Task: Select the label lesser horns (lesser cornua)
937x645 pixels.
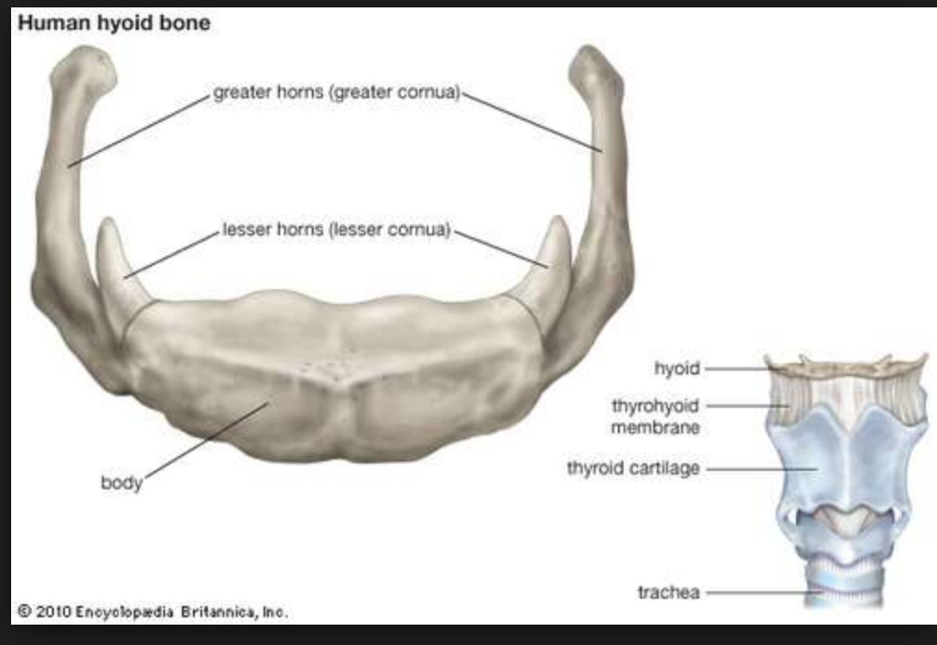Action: pyautogui.click(x=336, y=229)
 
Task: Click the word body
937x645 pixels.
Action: pyautogui.click(x=122, y=483)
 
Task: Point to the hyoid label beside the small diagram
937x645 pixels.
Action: pyautogui.click(x=677, y=369)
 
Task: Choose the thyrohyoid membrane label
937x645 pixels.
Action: pyautogui.click(x=655, y=416)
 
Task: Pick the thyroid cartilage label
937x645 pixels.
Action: pyautogui.click(x=633, y=469)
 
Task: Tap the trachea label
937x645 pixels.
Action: pyautogui.click(x=668, y=591)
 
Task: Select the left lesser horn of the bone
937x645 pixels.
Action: pyautogui.click(x=119, y=264)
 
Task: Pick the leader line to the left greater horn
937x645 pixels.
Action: pyautogui.click(x=139, y=130)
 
